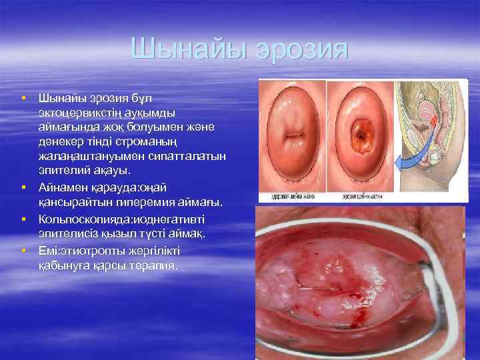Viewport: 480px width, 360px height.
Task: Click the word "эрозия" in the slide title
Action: tap(305, 49)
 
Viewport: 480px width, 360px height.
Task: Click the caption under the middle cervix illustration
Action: tap(360, 197)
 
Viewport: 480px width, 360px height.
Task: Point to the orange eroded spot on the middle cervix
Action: tap(361, 135)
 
